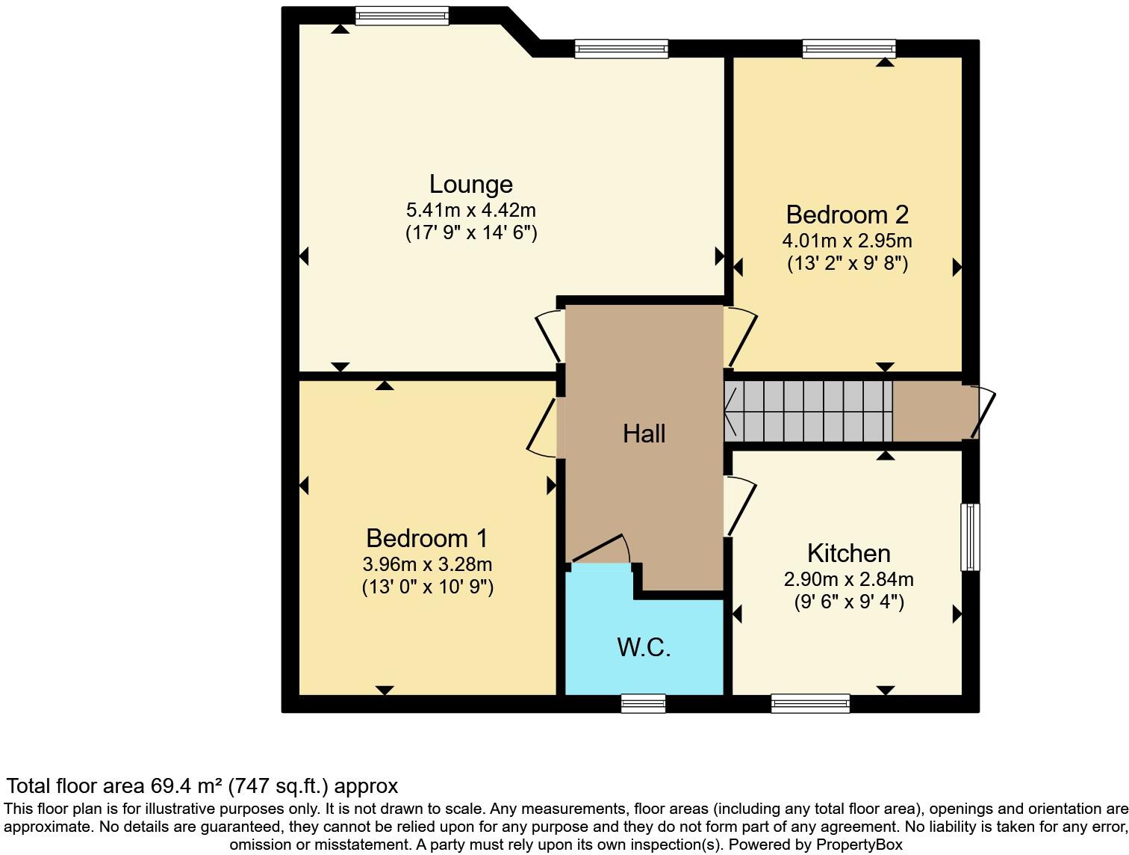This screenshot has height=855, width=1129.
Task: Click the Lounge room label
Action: coord(470,184)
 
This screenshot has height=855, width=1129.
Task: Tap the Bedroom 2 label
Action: coord(847,214)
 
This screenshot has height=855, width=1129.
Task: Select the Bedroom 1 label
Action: coord(426,538)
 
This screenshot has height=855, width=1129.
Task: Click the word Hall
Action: coord(644,433)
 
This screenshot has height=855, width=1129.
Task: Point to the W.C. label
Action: coord(644,647)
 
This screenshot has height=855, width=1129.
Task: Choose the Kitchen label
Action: coord(848,553)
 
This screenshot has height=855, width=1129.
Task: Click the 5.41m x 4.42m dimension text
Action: coord(470,210)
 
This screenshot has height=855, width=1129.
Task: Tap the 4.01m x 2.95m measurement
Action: coord(847,241)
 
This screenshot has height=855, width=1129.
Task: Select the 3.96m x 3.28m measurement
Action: coord(427,564)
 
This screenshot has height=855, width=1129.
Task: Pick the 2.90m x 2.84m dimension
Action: coord(848,579)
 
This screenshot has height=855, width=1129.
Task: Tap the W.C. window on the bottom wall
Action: coord(643,703)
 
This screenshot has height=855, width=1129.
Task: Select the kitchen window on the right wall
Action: coord(970,537)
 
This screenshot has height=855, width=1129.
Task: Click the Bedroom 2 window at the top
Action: coord(848,49)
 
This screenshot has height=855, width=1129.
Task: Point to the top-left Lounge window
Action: coord(402,16)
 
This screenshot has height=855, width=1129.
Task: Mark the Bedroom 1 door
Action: coord(542,427)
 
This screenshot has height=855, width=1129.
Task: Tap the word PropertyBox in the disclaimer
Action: coord(859,845)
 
